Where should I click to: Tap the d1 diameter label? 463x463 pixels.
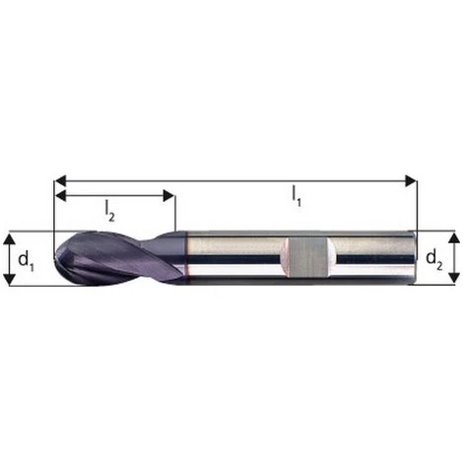pos(27,260)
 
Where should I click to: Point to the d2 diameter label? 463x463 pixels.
pos(434,260)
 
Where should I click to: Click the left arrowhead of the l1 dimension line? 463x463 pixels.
pos(58,180)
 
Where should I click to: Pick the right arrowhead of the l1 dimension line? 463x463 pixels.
pos(411,180)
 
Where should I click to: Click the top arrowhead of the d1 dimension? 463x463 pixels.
pos(9,238)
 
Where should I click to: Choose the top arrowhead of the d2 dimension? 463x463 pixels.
pos(453,237)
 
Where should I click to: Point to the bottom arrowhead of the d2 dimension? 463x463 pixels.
pos(453,278)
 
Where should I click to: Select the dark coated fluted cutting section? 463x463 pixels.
pos(113,259)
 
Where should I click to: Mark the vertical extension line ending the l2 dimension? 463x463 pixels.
pos(174,212)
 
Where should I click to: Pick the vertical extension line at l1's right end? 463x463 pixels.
pos(417,202)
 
